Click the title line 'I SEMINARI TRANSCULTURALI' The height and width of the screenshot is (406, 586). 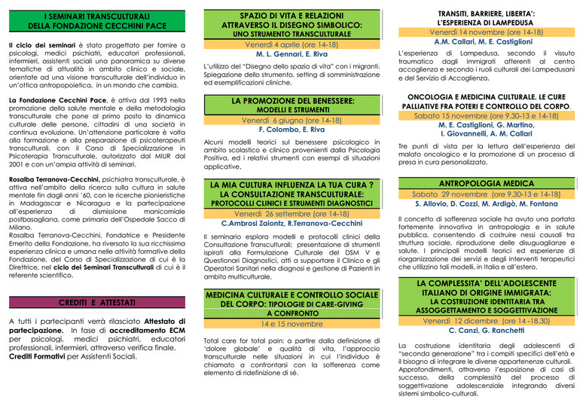click(96, 16)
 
